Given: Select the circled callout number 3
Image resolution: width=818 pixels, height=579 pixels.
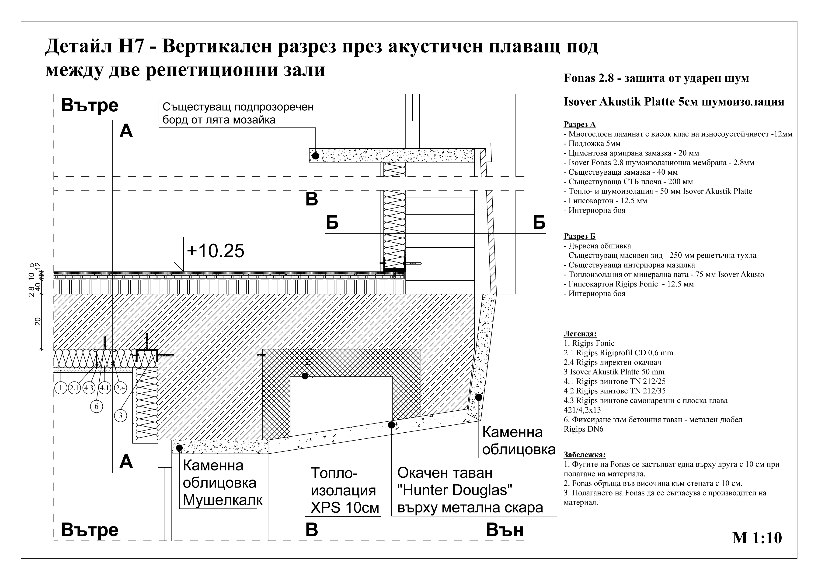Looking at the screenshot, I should coord(120,415).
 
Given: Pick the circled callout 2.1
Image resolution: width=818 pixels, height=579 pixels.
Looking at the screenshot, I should coord(74,388).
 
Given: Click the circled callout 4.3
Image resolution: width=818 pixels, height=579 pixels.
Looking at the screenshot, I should coord(89,388).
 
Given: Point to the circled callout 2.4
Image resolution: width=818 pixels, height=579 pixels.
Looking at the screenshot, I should coord(120,388).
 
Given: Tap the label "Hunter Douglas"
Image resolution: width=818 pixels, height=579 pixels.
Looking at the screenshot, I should coord(454,490).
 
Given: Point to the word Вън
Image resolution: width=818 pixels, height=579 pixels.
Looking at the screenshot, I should coord(505,530).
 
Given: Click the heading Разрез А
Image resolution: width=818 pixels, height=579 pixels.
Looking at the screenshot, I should coord(579,124).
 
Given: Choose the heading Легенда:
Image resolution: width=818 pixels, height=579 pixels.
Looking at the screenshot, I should coord(580,334).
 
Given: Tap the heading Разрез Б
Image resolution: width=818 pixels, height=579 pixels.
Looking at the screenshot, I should coord(579,236).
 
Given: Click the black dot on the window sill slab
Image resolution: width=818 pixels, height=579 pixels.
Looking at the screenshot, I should coord(315,156).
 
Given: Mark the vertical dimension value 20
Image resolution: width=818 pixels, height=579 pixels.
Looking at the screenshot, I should coord(38,321).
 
